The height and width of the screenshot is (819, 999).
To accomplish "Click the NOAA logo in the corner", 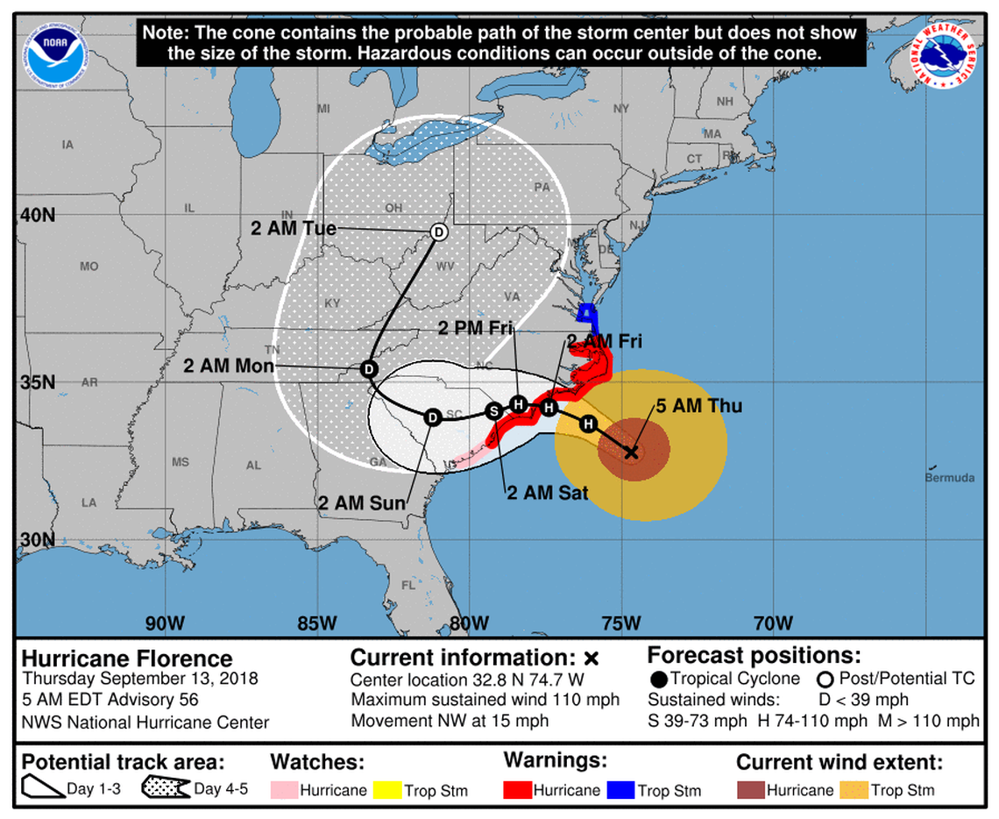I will pos(57,54).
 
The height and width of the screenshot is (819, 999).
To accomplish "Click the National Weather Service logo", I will pos(946,54).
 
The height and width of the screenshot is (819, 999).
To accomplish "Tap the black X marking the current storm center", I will pos(631,452).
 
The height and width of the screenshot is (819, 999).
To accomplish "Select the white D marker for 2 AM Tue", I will pos(439,232).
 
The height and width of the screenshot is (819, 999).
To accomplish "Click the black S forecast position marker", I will pos(493,410).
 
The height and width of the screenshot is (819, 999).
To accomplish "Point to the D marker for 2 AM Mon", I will pos(369,369).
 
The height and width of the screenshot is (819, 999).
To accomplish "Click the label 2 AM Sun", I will pos(362,503).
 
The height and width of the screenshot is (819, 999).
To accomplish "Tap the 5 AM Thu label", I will pos(699,405).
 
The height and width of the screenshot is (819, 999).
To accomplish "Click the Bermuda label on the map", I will pos(949,478).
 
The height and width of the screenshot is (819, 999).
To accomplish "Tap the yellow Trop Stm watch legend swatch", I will pos(387,790).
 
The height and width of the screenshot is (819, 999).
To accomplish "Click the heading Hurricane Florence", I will pos(127,659).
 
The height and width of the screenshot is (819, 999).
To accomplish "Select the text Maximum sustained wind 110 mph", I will pos(485,700).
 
